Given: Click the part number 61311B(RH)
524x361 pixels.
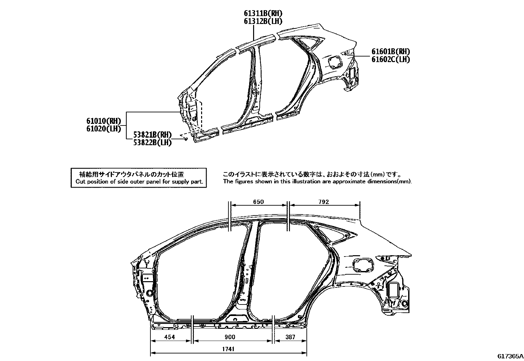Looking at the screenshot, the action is point(263,13).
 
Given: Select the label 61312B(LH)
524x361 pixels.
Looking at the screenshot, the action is point(263,21).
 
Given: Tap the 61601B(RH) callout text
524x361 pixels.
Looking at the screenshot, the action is point(391,51).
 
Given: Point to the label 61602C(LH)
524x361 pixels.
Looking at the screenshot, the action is point(391,59).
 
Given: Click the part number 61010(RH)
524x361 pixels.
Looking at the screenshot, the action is point(104,121).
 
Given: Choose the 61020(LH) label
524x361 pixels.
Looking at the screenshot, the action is point(104,129).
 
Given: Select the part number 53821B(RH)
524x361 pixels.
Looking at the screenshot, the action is point(152,135).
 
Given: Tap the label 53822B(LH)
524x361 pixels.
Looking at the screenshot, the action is point(152,143).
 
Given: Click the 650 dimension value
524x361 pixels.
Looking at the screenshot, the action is point(258,202).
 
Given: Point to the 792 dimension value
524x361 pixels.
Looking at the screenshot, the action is point(324,202).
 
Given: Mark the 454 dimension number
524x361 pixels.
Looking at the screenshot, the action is point(170,337).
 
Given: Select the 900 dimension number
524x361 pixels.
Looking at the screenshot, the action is point(230,337).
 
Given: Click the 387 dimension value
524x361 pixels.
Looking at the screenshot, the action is point(290,337).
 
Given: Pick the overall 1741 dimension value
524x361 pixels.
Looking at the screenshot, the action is point(228,349).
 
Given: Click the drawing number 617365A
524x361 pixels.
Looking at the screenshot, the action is point(511,356).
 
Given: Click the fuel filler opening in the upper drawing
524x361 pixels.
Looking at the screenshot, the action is point(335,62).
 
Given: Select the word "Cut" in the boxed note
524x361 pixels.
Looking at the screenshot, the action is point(80,182).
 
